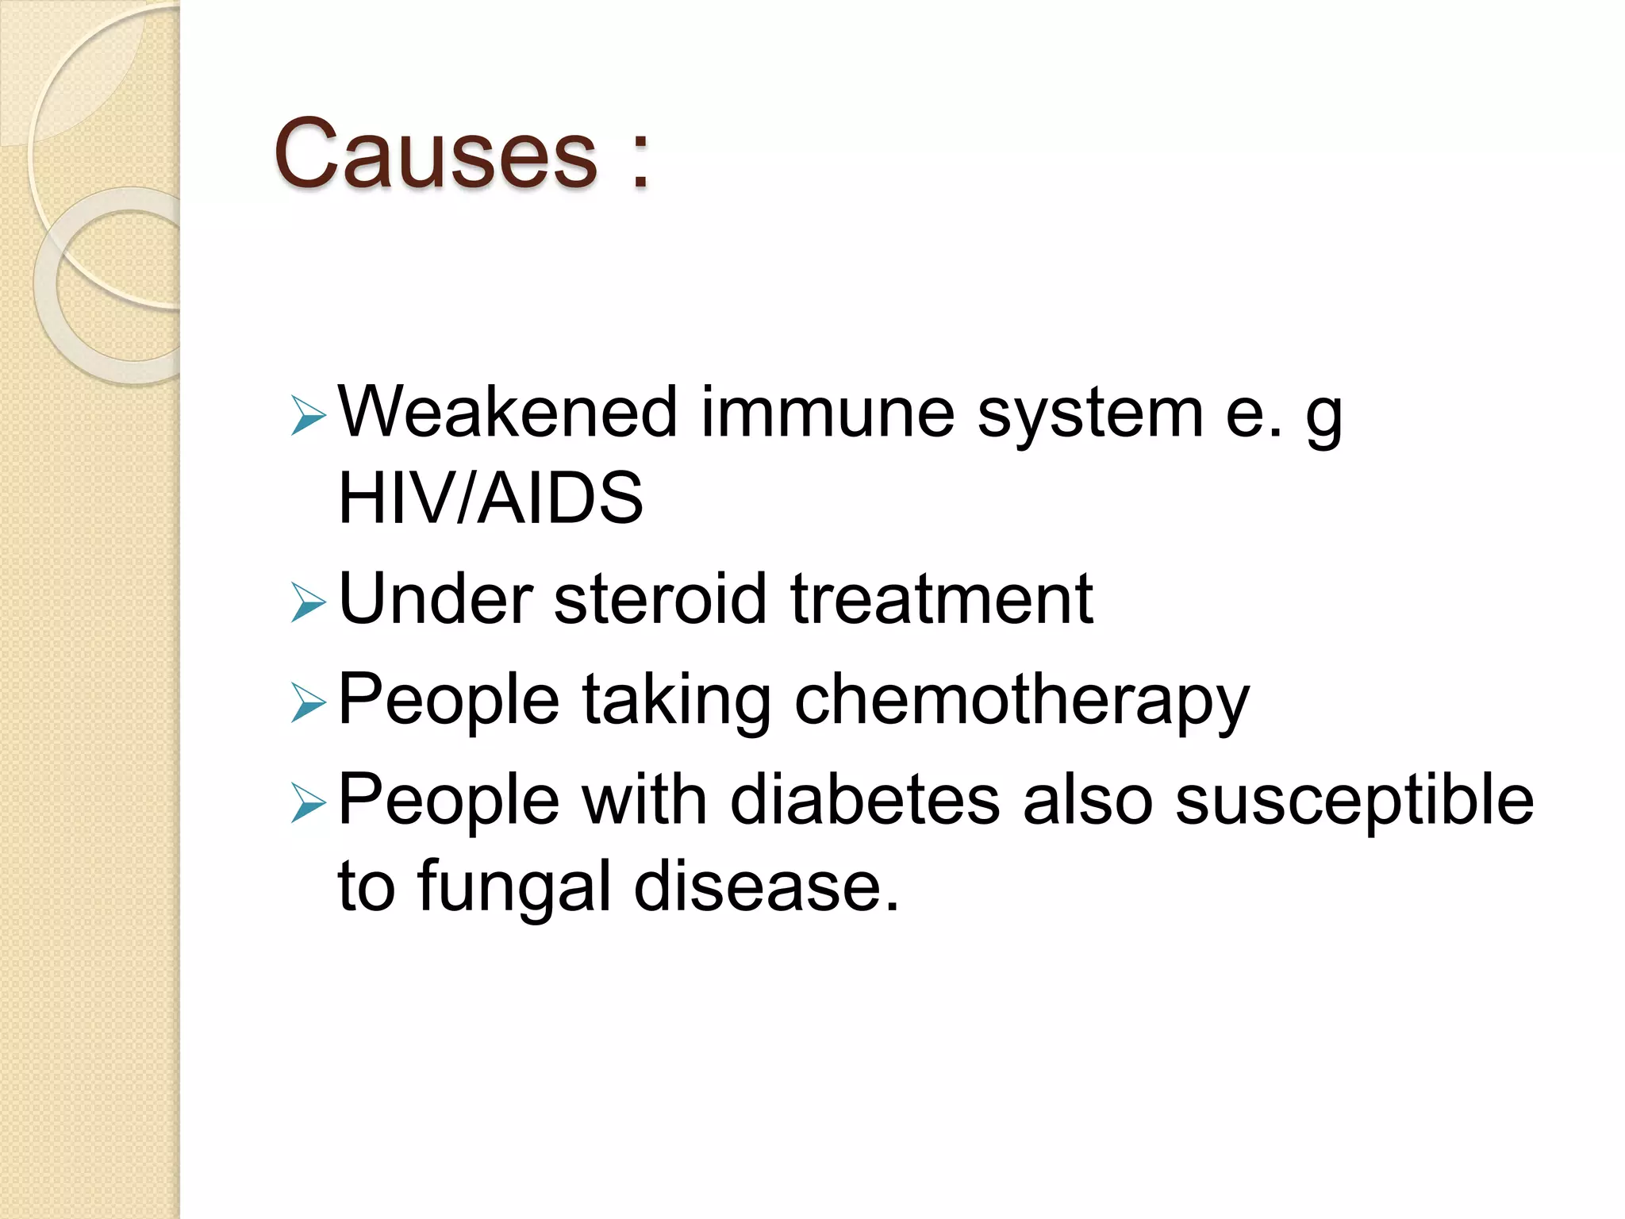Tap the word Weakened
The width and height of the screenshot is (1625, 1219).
508,412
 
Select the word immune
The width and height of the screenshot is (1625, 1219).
828,412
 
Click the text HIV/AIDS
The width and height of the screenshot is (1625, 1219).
490,498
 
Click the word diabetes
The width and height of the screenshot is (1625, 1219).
865,800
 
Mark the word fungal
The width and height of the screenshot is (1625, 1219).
514,887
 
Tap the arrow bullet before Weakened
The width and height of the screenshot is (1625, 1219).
308,416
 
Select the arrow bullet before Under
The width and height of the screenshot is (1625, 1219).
308,602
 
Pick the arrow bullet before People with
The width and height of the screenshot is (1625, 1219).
308,803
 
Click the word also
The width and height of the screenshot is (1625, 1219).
1087,800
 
